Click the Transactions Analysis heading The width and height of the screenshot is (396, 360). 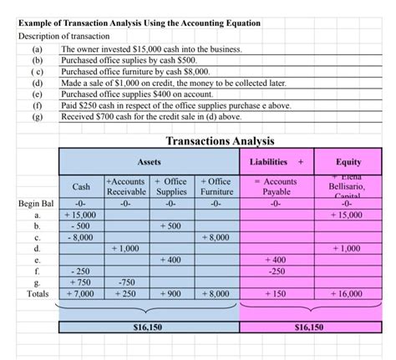pyautogui.click(x=221, y=140)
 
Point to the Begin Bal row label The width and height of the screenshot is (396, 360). pyautogui.click(x=34, y=202)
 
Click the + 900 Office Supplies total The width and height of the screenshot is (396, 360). pyautogui.click(x=170, y=294)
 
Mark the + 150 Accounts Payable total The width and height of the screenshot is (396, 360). pyautogui.click(x=277, y=294)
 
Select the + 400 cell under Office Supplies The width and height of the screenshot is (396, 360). pyautogui.click(x=170, y=260)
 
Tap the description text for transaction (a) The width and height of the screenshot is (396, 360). pyautogui.click(x=151, y=50)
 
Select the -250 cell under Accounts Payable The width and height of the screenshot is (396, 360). pyautogui.click(x=277, y=271)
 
